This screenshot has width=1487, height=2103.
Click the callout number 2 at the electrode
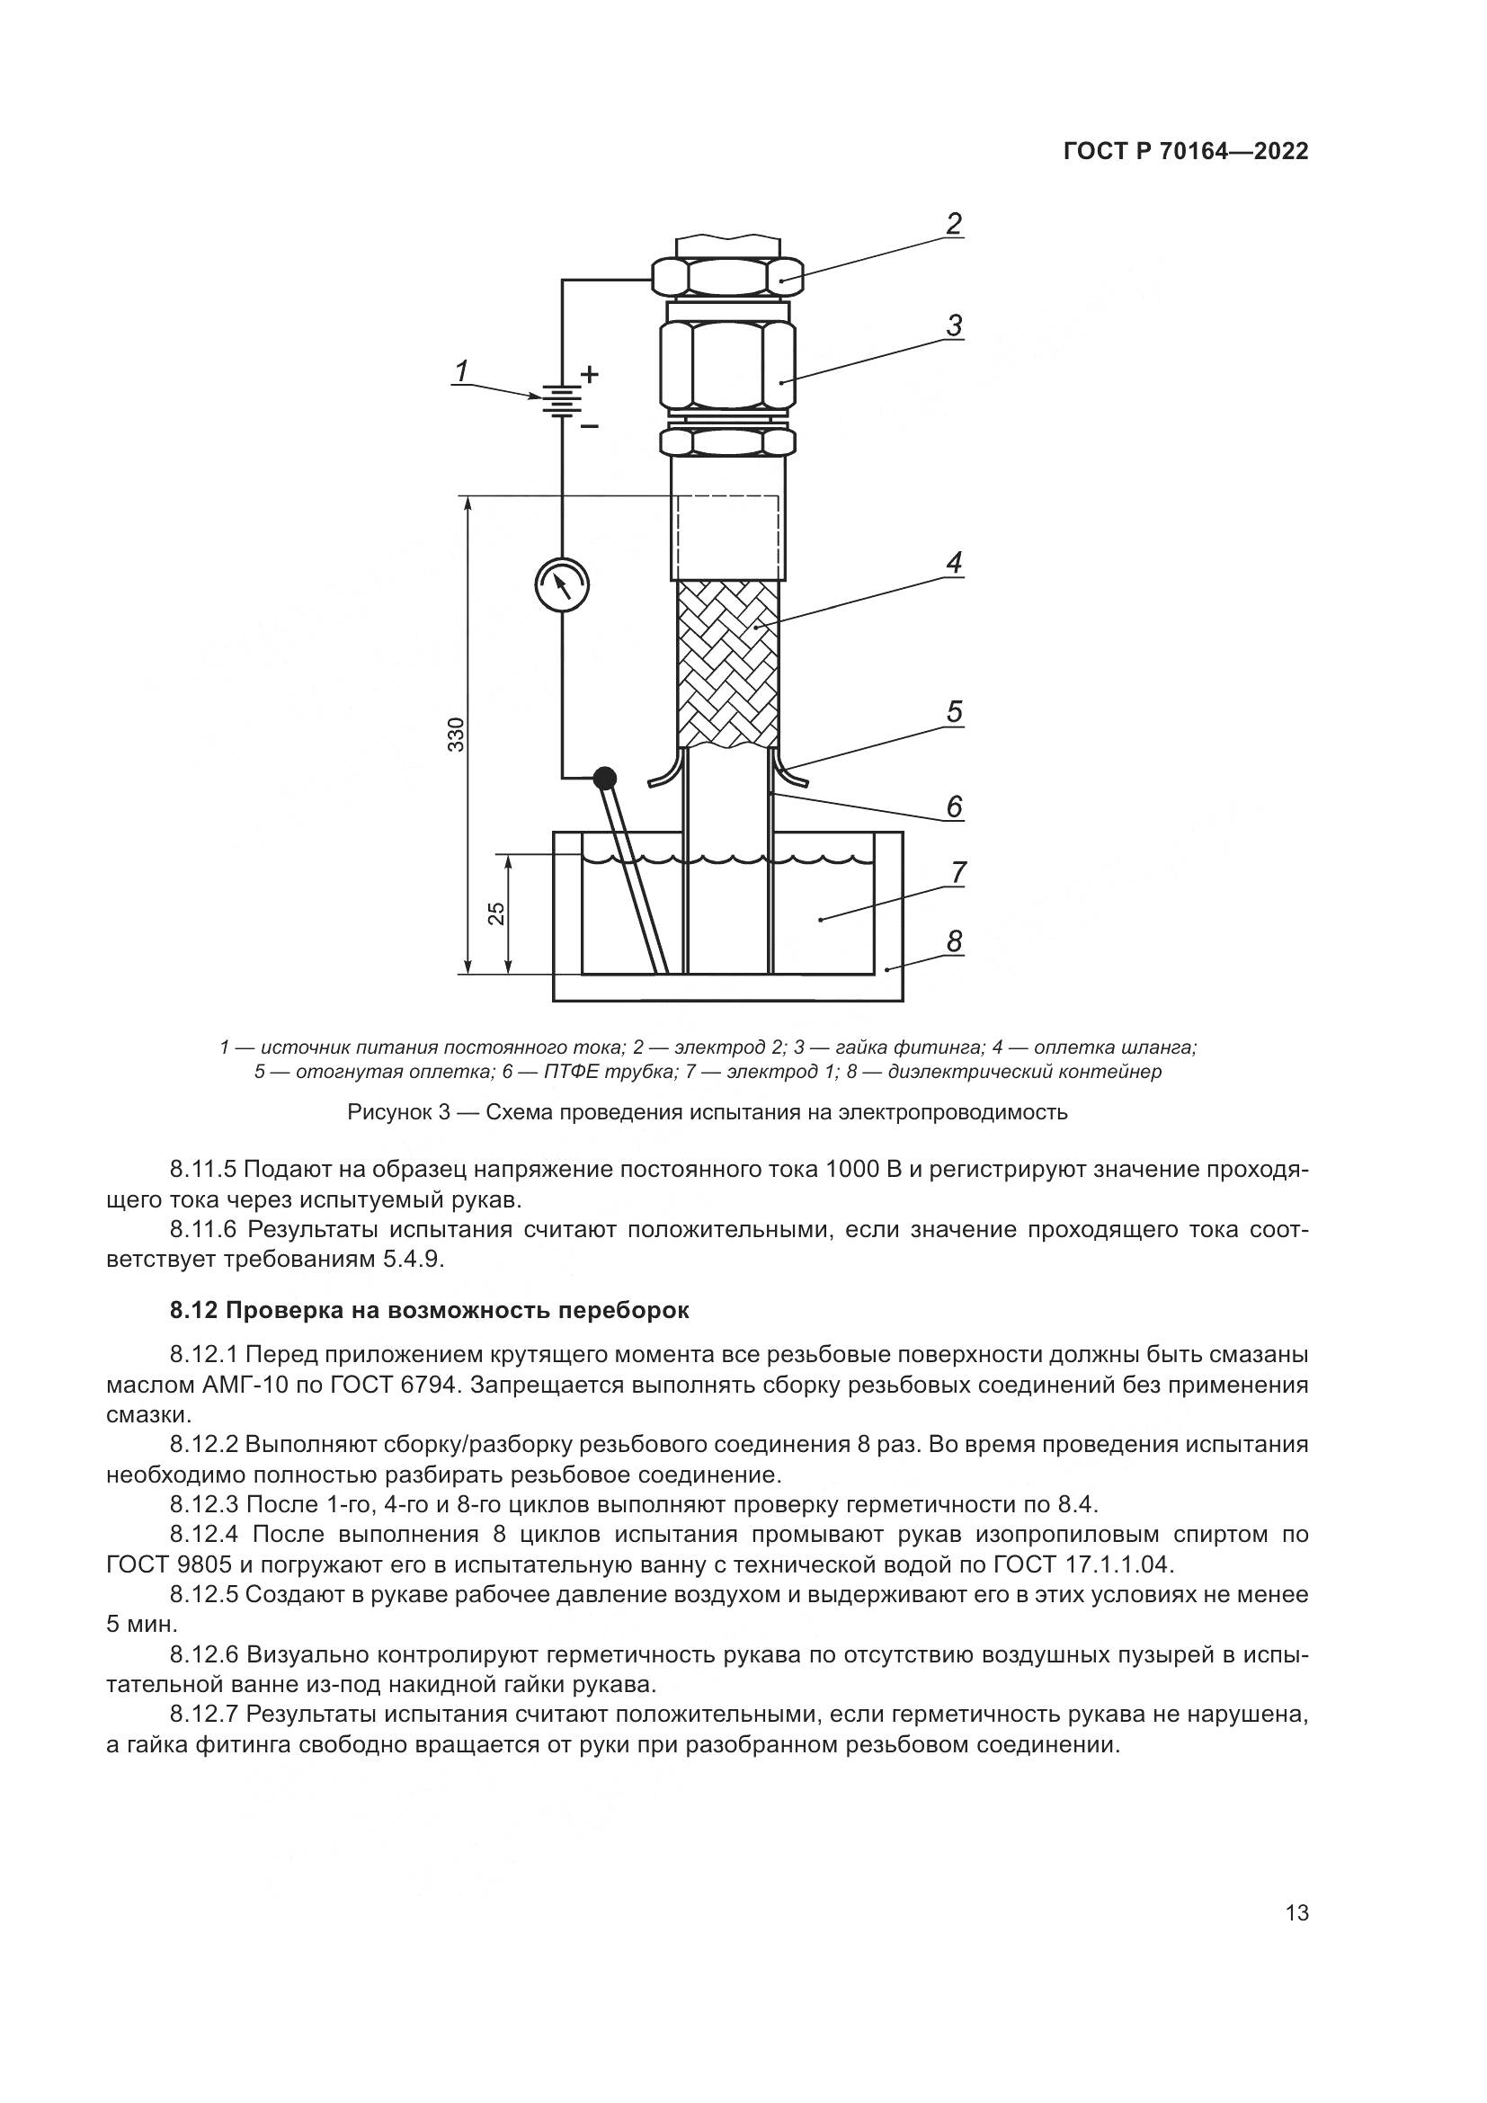coord(953,224)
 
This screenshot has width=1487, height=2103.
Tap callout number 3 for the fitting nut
coord(954,325)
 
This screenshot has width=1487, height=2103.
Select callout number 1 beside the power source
coord(462,371)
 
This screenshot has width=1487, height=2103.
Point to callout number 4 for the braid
coord(954,562)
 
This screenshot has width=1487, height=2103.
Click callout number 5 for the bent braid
coord(954,712)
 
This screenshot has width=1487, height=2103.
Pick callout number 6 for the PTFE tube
coord(954,806)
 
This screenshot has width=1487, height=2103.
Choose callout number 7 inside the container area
coord(957,873)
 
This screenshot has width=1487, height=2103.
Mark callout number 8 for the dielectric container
coord(954,940)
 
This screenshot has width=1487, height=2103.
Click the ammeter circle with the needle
coord(561,584)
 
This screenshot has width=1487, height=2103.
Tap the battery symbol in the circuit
coord(561,399)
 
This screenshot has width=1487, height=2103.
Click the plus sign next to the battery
coord(591,374)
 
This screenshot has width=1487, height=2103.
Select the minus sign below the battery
coord(591,426)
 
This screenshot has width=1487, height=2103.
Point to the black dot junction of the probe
coord(604,779)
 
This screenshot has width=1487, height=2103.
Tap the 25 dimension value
coord(495,914)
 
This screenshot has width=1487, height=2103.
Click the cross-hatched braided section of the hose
coord(728,664)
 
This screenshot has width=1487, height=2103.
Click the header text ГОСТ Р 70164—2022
coord(1186,152)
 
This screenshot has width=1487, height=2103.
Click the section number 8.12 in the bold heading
coord(194,1311)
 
